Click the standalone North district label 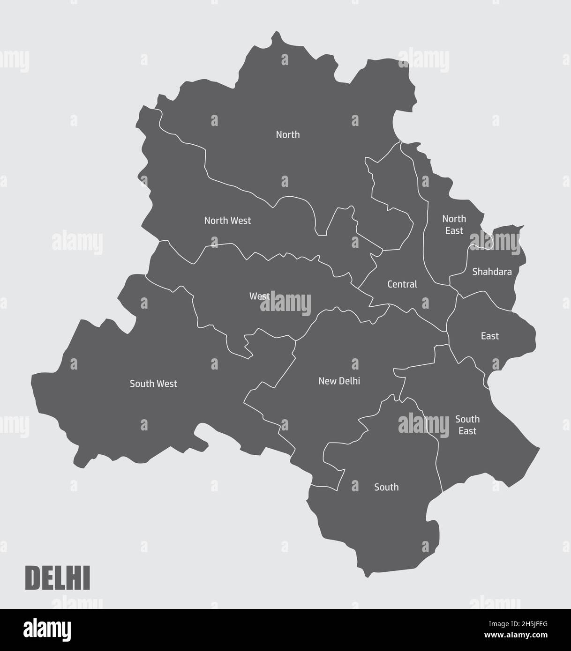click(x=287, y=135)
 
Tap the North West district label click(x=227, y=220)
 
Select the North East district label click(x=454, y=225)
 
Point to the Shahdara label click(x=492, y=272)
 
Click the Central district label click(x=402, y=284)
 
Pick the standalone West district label click(x=259, y=296)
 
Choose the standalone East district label click(x=489, y=336)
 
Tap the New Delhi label click(x=339, y=381)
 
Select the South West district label click(x=153, y=384)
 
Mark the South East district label click(x=467, y=425)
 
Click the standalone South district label click(x=386, y=488)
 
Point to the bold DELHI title click(x=57, y=578)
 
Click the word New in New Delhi click(x=327, y=381)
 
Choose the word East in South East click(x=467, y=431)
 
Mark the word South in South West click(x=141, y=384)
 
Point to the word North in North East click(x=454, y=219)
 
